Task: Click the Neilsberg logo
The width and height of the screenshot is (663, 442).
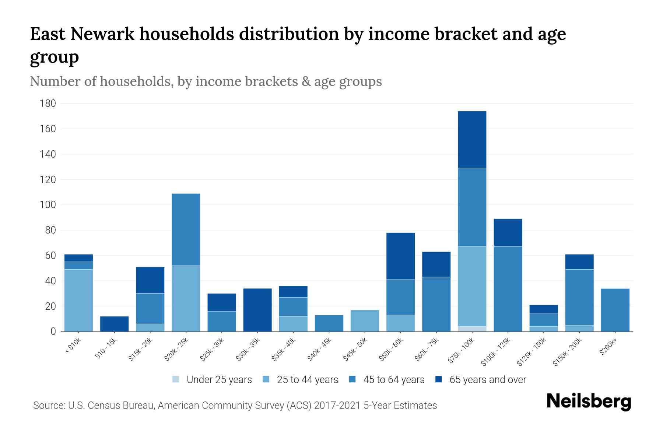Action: tap(589, 401)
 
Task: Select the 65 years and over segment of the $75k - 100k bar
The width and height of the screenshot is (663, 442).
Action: tap(472, 140)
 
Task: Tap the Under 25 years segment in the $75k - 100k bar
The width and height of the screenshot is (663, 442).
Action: tap(472, 329)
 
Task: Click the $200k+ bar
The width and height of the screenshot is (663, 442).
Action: tap(615, 310)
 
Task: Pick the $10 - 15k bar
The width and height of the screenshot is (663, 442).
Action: tap(114, 324)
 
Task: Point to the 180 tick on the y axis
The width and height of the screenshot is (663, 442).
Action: tap(48, 104)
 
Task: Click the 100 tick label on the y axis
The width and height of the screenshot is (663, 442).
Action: tap(48, 205)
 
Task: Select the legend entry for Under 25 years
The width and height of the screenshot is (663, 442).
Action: tap(212, 379)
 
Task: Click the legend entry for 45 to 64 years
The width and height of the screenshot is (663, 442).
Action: tap(386, 379)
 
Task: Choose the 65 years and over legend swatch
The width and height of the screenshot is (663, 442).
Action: tap(438, 379)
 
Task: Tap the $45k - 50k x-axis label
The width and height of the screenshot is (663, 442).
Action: tap(356, 350)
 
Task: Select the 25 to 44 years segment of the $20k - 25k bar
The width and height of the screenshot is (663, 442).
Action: tap(186, 298)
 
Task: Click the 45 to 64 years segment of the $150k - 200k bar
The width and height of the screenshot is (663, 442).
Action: tap(579, 297)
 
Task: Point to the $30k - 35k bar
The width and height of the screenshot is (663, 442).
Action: tap(257, 310)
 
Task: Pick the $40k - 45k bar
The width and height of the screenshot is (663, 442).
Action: tap(329, 323)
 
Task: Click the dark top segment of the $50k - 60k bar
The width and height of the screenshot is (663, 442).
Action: tap(400, 256)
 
